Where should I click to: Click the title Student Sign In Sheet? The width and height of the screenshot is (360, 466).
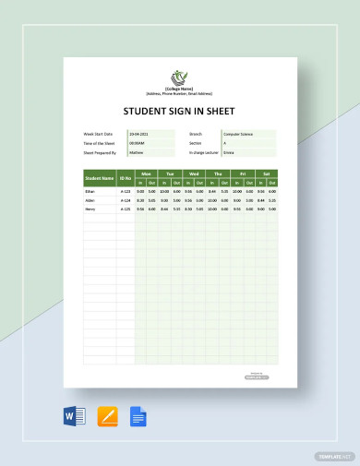(x=179, y=114)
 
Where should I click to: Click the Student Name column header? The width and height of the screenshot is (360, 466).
(x=100, y=178)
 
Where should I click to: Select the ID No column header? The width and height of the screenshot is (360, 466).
(x=126, y=178)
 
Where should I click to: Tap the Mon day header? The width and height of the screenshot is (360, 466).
(x=146, y=173)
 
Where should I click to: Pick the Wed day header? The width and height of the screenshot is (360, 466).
(x=194, y=173)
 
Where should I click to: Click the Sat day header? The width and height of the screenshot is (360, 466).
(x=266, y=173)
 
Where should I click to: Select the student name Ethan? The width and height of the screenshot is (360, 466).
(x=91, y=191)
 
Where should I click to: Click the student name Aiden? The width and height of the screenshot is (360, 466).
(x=91, y=199)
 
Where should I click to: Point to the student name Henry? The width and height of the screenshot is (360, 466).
(x=91, y=209)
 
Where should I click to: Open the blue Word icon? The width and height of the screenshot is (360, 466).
(x=76, y=416)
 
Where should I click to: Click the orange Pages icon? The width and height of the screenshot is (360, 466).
(x=107, y=416)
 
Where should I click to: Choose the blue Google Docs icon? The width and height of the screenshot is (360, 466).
(x=138, y=416)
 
